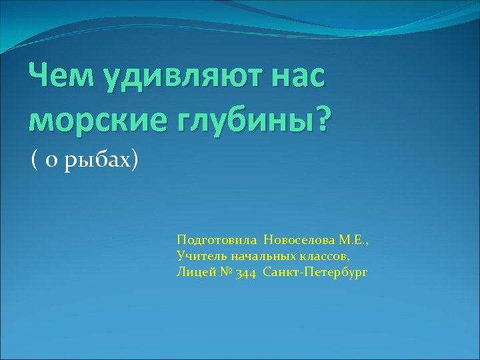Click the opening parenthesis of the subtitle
[33, 160]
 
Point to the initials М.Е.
[352, 239]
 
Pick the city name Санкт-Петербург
[315, 272]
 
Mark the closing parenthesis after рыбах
[135, 160]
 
